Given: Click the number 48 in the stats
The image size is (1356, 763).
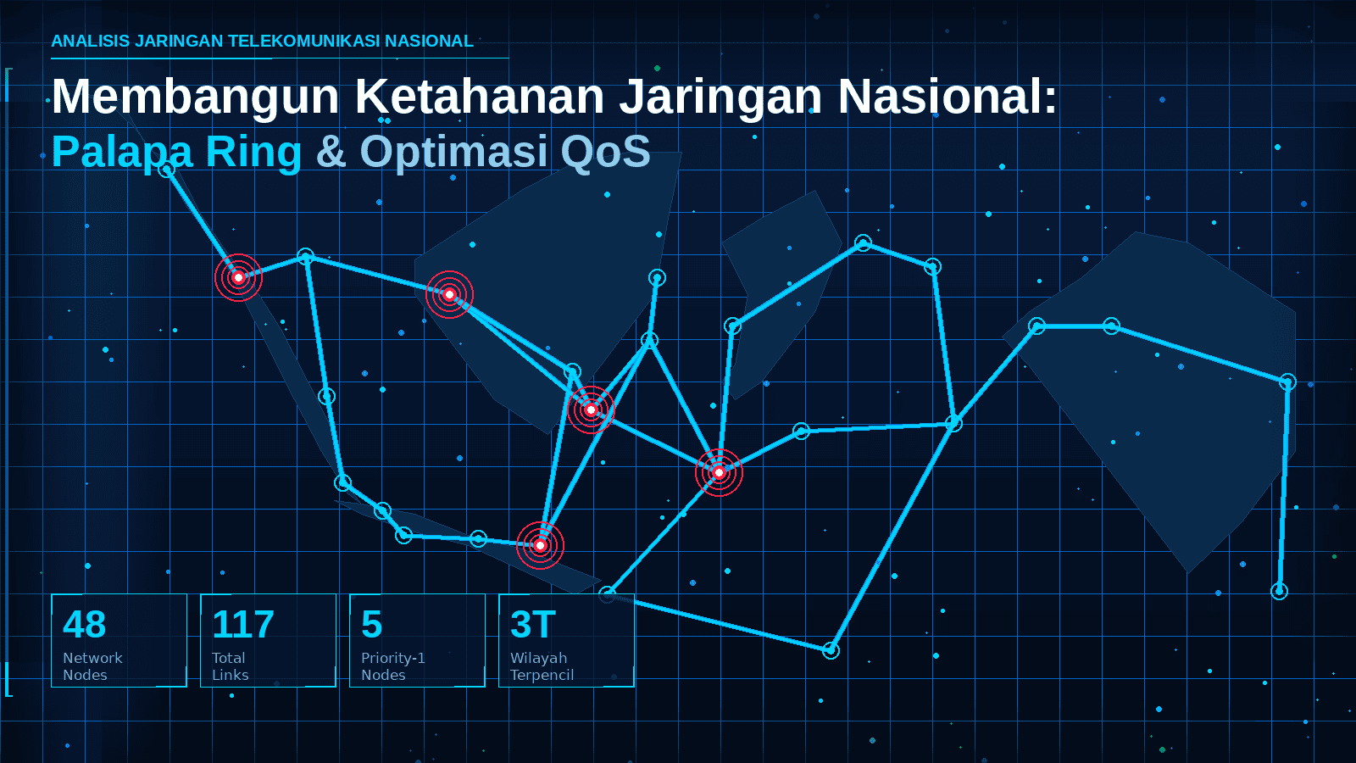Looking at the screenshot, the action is [84, 624].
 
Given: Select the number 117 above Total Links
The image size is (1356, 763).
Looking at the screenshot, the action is [242, 624].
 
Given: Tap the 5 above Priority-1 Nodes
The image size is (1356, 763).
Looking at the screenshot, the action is [372, 624].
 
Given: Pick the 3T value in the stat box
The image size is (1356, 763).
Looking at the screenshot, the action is [533, 624].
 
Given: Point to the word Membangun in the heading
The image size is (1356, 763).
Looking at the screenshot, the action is [195, 97].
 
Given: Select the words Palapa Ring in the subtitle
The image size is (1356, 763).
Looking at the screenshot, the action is [176, 152].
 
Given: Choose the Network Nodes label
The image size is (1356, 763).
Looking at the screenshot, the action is [92, 666].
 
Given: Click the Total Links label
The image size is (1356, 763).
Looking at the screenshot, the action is [230, 666].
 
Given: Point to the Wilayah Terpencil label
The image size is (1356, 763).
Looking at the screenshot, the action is [542, 666].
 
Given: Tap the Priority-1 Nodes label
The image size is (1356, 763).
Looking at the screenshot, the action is [393, 666].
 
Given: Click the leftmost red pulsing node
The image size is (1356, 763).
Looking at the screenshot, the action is [238, 277].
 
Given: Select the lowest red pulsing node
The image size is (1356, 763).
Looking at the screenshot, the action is [540, 546].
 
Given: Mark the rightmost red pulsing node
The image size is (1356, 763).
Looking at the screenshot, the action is [719, 472].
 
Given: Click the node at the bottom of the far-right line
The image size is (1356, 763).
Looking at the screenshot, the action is [1279, 590].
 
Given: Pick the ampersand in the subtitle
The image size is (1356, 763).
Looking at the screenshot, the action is [331, 152].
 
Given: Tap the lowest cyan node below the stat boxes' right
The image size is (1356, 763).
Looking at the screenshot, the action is [831, 651].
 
